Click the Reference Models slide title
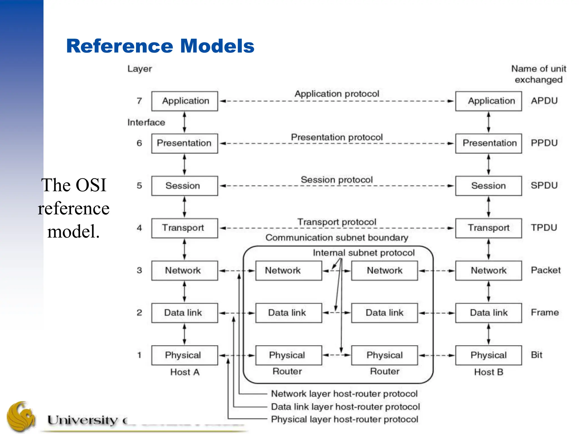click(160, 46)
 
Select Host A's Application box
click(185, 101)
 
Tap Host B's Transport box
click(488, 228)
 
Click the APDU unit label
click(544, 101)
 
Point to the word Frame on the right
click(545, 313)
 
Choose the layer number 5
click(139, 186)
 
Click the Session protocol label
click(336, 180)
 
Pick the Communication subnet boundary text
click(336, 238)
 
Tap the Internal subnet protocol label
click(364, 253)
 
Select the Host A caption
click(185, 372)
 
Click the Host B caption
click(489, 372)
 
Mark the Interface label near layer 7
click(146, 122)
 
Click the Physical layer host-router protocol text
click(344, 419)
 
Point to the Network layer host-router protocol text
click(344, 394)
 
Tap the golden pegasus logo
click(21, 417)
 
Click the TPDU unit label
click(544, 228)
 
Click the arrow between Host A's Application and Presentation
click(184, 122)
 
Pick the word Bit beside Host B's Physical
click(536, 355)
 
